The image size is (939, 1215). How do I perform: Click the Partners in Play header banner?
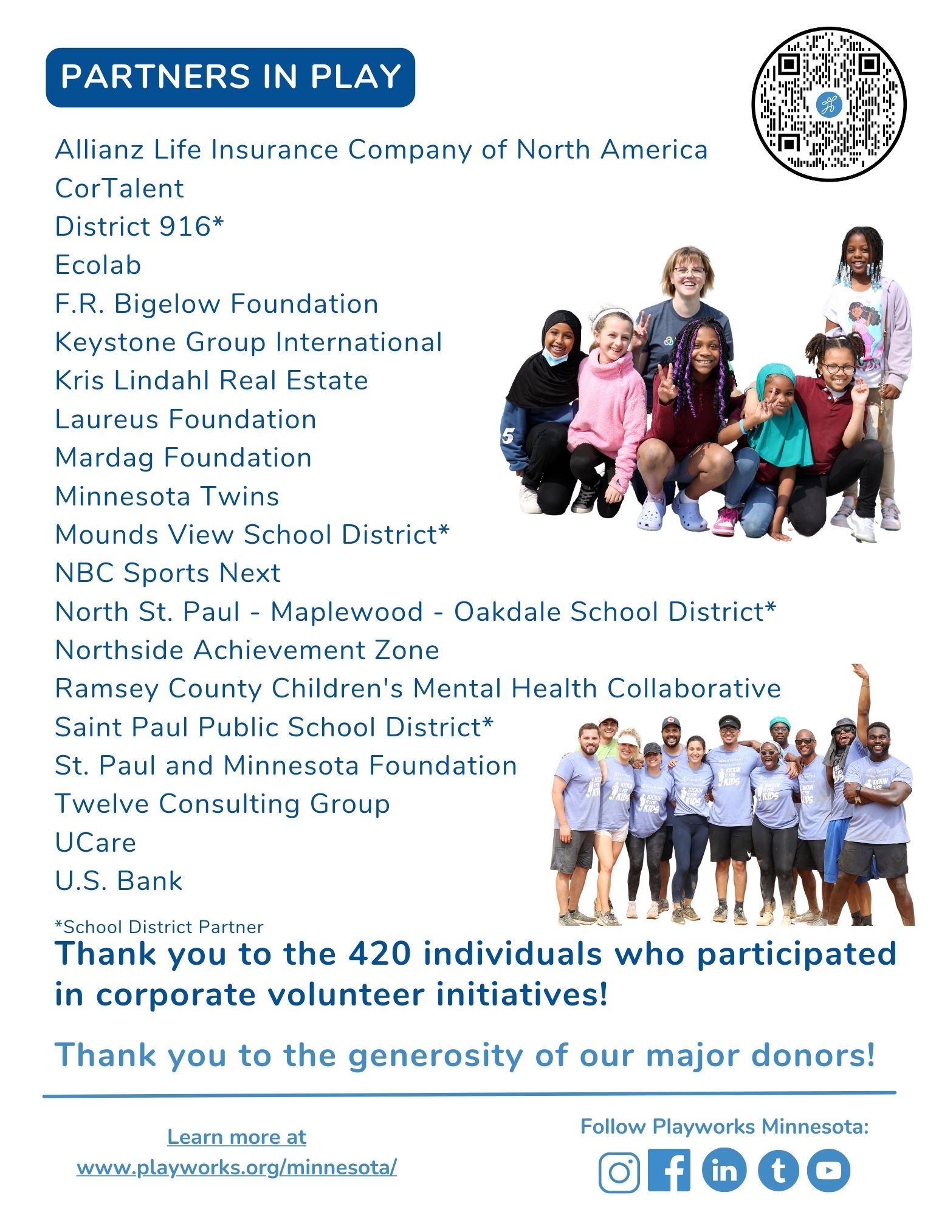coord(230,77)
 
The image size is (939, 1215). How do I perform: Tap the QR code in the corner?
coord(828,104)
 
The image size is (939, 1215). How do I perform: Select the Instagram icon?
coord(619,1171)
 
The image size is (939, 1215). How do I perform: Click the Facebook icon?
coord(669,1170)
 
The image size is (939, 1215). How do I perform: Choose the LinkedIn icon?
coord(724,1170)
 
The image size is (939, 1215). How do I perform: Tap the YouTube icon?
coord(828,1170)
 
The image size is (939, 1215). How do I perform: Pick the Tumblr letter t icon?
coord(778,1170)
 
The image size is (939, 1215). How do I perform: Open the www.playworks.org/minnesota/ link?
coord(236,1167)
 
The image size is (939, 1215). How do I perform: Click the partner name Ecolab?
coord(98,265)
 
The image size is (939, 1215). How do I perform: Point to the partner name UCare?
coord(95,843)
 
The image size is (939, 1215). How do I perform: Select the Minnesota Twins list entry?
coord(167,496)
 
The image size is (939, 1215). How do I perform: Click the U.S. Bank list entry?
coord(119,881)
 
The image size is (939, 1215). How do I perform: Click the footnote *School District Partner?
coord(159,927)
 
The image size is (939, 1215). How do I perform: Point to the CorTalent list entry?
coord(119,188)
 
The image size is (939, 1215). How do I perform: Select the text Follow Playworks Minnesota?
coord(724,1127)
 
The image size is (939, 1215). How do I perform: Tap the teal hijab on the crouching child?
coord(783,419)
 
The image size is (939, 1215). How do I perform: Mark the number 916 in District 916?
coord(185,227)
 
